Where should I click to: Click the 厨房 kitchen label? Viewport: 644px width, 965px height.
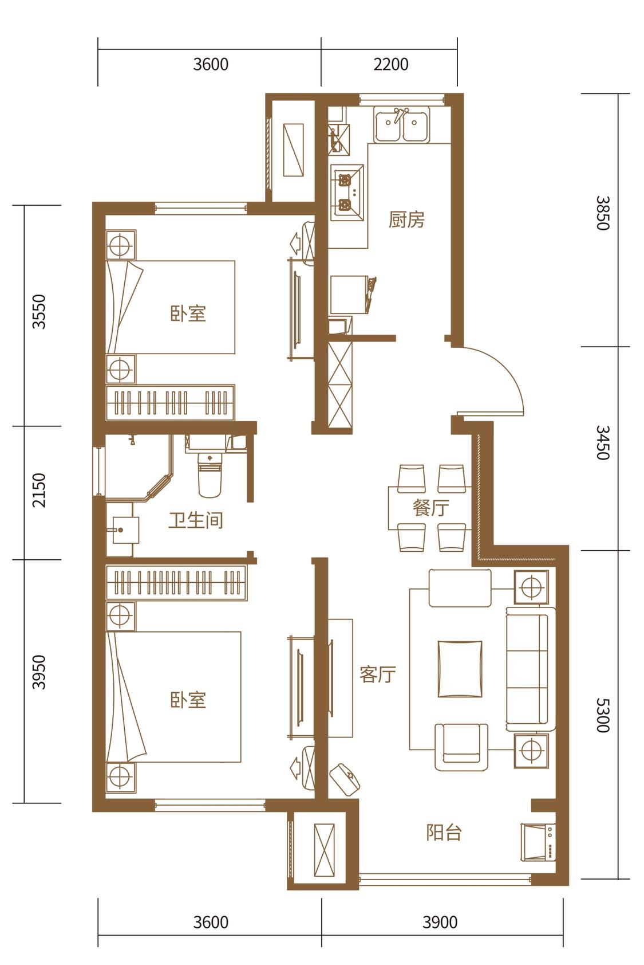coord(406,219)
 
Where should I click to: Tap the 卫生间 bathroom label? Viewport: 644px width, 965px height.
coord(195,520)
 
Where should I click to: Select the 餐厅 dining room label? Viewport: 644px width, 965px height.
coord(430,508)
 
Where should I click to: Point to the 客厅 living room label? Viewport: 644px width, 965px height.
coord(378,674)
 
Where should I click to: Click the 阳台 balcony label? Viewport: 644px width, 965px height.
coord(444,833)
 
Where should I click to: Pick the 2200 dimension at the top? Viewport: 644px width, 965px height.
coord(390,65)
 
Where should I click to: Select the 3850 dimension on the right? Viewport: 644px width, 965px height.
coord(603,213)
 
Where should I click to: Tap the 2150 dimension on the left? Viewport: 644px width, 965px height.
coord(39,491)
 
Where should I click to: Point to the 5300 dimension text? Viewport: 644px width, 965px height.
coord(603,715)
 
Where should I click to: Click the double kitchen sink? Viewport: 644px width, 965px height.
coord(401,124)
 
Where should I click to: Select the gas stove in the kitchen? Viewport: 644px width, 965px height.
coord(347,192)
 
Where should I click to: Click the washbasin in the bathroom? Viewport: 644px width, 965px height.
coord(123,529)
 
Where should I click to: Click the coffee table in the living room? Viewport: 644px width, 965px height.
coord(460,669)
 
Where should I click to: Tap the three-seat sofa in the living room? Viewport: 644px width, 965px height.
coord(530,669)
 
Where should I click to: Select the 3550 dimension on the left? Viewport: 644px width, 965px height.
coord(39,312)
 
